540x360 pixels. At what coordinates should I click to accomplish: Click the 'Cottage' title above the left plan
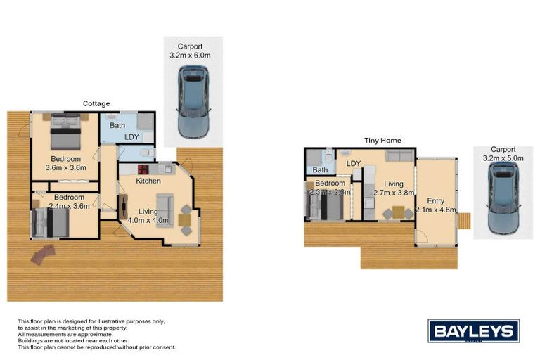[x=96, y=103]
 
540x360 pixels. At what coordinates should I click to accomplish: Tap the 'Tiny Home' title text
[x=382, y=141]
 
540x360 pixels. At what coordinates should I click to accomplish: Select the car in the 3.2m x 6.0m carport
[x=193, y=101]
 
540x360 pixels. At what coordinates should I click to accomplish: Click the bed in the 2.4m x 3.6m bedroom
[x=50, y=221]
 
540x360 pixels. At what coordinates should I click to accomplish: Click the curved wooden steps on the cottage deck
[x=43, y=254]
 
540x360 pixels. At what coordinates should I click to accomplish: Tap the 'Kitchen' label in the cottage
[x=148, y=181]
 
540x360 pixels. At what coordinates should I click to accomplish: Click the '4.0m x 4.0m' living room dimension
[x=148, y=220]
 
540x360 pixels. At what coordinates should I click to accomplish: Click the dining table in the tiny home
[x=397, y=212]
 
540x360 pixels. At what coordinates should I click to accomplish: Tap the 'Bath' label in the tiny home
[x=320, y=169]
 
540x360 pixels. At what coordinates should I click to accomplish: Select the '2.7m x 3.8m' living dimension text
[x=392, y=193]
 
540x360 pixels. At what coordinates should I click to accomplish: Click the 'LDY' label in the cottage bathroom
[x=131, y=137]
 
